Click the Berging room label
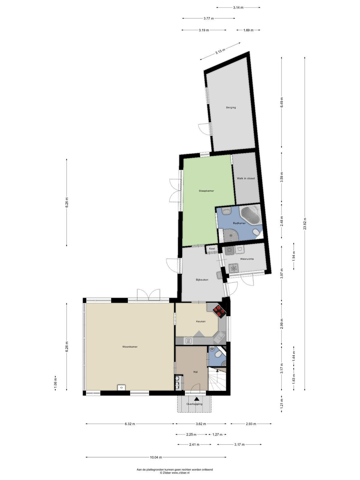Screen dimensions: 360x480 point(231,108)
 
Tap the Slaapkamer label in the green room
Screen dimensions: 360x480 point(206,191)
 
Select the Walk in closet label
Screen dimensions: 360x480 point(246,178)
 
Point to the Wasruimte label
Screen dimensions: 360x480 point(247,259)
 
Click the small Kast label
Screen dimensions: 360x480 point(212,249)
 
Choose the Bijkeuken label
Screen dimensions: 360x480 point(202,280)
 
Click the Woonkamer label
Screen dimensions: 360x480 point(130,346)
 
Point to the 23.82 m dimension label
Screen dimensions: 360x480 point(305,223)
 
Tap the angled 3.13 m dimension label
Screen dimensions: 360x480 point(220,51)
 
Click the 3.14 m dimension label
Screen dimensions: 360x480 point(238,7)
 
